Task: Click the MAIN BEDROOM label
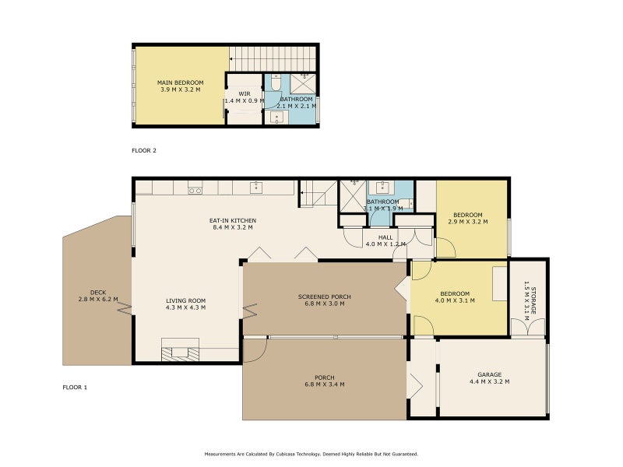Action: pyautogui.click(x=181, y=83)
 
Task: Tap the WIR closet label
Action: pyautogui.click(x=245, y=94)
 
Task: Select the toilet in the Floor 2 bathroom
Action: pyautogui.click(x=276, y=83)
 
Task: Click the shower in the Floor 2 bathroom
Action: pyautogui.click(x=303, y=83)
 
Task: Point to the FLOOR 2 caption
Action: pyautogui.click(x=144, y=150)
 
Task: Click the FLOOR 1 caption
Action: pyautogui.click(x=75, y=387)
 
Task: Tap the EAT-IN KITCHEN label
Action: pyautogui.click(x=233, y=220)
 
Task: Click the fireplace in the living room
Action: pyautogui.click(x=180, y=349)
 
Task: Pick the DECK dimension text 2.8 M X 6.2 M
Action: pyautogui.click(x=98, y=300)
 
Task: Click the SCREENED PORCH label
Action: pyautogui.click(x=325, y=297)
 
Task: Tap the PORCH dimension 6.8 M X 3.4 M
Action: pyautogui.click(x=325, y=384)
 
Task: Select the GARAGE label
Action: pyautogui.click(x=490, y=374)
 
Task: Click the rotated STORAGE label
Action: pyautogui.click(x=533, y=300)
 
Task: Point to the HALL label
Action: pyautogui.click(x=385, y=237)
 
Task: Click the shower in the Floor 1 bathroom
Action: pyautogui.click(x=353, y=196)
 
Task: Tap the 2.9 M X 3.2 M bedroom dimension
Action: pyautogui.click(x=468, y=222)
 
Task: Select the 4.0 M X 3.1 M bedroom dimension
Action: pyautogui.click(x=455, y=300)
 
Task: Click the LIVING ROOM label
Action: pyautogui.click(x=185, y=300)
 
